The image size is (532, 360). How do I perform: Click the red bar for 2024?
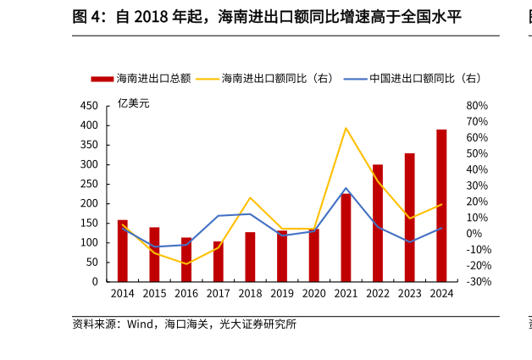441,205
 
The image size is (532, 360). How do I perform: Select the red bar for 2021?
346,238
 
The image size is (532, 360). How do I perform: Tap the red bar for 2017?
218,262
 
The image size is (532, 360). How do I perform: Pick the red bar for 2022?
378,224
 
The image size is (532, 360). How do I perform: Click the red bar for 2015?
154,254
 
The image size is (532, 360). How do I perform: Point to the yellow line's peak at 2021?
346,128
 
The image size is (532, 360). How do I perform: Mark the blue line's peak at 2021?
346,188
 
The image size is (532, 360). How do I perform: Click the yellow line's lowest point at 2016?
186,263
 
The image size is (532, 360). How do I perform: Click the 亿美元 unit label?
133,103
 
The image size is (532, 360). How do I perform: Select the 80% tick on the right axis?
477,106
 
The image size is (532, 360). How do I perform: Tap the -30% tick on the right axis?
477,281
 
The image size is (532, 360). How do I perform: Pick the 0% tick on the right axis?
474,234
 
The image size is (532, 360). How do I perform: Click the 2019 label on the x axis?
282,293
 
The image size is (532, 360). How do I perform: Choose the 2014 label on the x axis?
123,293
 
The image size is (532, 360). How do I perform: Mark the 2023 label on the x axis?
409,293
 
